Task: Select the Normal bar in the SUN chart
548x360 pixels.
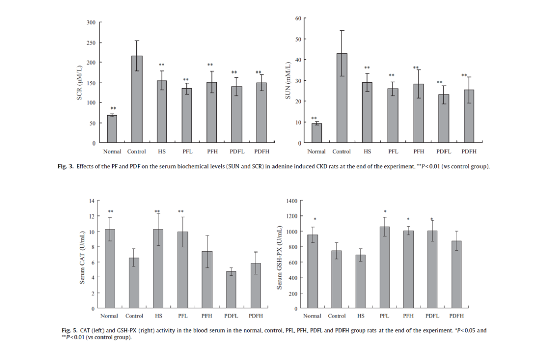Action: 317,133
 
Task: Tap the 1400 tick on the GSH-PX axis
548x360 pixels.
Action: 291,201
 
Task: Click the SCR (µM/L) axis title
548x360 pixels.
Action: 80,83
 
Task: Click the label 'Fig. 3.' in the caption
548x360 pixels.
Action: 66,167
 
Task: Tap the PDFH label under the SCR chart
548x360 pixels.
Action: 262,152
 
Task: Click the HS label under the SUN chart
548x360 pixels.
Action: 367,152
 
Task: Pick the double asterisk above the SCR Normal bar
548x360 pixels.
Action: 113,109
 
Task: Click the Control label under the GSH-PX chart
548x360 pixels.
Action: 337,316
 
